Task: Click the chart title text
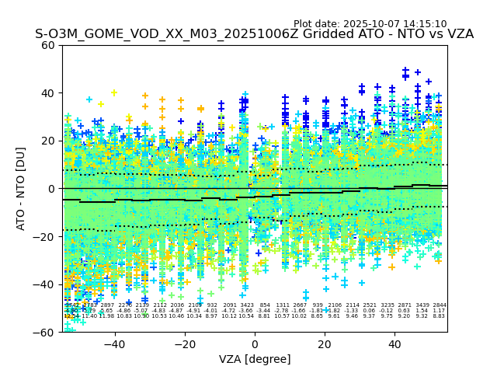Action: [254, 34]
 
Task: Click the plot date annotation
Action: [370, 24]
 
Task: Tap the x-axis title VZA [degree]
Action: [255, 359]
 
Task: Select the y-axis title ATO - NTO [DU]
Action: [21, 189]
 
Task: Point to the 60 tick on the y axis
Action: [48, 45]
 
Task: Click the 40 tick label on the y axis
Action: [48, 93]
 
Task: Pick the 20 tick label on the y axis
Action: [48, 141]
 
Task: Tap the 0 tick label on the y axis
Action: [51, 189]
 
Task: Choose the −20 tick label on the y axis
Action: [45, 237]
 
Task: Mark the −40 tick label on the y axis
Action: [45, 284]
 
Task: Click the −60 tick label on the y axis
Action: [45, 333]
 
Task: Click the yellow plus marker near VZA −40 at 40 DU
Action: [114, 93]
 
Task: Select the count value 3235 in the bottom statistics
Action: [387, 305]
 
